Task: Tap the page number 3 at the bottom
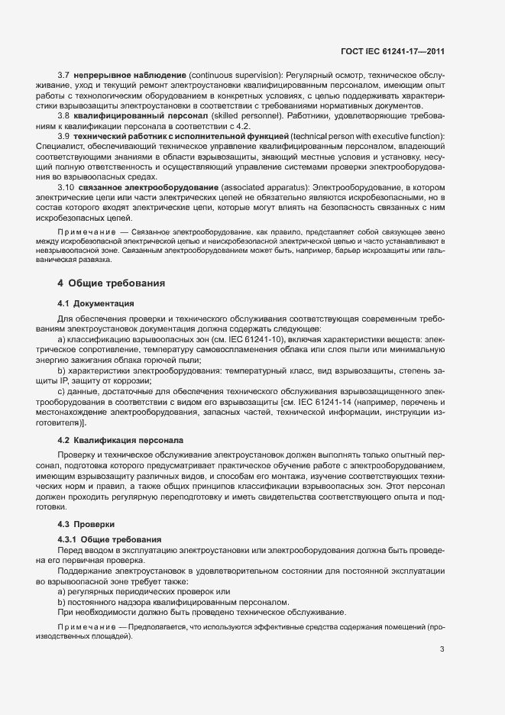442,650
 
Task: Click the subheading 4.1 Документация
95,302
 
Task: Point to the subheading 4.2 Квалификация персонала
120,441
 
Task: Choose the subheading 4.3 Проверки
86,524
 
